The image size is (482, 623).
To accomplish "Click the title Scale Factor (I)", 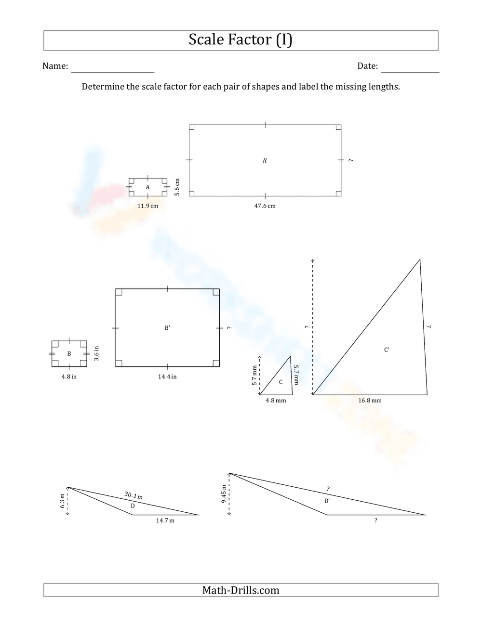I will click(x=241, y=40).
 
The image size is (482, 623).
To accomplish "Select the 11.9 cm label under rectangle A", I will click(x=147, y=206).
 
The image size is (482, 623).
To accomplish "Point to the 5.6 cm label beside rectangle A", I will click(x=177, y=187).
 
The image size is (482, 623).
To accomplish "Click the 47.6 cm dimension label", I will click(x=265, y=206).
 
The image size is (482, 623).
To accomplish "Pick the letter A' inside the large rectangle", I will click(x=265, y=161).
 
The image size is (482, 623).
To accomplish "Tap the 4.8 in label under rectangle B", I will click(x=69, y=376).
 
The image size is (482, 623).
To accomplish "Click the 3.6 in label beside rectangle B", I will click(x=96, y=353).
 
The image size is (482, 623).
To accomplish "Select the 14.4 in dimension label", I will click(x=167, y=376).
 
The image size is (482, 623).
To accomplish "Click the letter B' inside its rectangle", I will click(x=167, y=328).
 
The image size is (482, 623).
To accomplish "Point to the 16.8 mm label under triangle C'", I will click(x=370, y=400).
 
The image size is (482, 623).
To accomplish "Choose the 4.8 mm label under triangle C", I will click(x=276, y=400).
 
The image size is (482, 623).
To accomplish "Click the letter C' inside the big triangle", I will click(x=387, y=350).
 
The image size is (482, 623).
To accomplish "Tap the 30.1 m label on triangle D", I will click(x=134, y=495).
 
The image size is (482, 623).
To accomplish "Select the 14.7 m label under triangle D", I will click(x=165, y=520).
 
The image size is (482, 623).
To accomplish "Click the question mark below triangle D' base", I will click(x=375, y=520).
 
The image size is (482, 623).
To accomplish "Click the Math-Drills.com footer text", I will click(x=241, y=590).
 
